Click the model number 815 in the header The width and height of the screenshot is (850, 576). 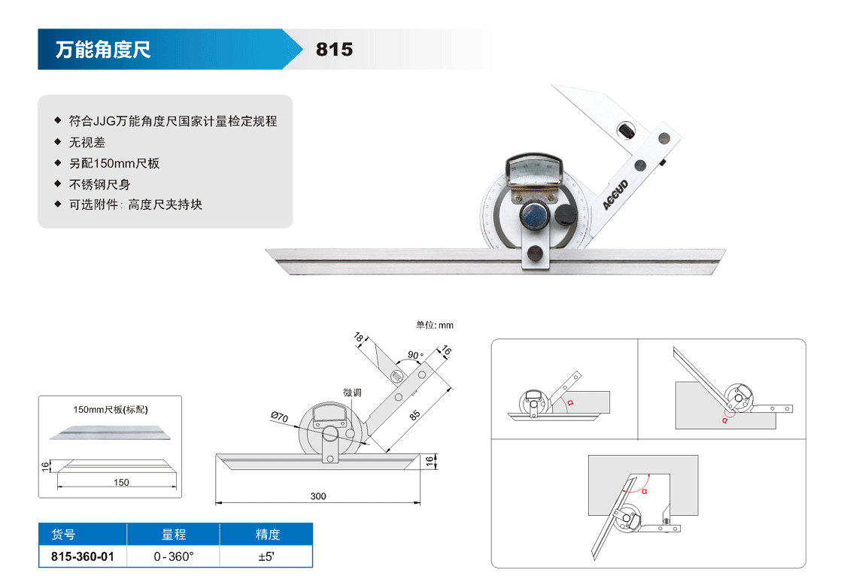[x=334, y=50]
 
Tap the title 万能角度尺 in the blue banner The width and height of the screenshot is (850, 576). [x=103, y=50]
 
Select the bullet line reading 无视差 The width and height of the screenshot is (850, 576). [x=87, y=143]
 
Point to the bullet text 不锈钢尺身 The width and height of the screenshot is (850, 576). [x=100, y=185]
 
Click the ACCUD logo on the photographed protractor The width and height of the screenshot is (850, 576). [x=616, y=195]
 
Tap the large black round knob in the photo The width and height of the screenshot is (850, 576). [x=565, y=214]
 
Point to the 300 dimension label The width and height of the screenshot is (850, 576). [x=318, y=496]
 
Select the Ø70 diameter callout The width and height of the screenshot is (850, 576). [x=279, y=417]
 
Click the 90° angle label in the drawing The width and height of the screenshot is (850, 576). [x=416, y=355]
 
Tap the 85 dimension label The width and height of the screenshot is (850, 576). [x=414, y=415]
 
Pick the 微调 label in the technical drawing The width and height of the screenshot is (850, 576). [x=352, y=393]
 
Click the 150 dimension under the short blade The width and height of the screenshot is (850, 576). [x=121, y=482]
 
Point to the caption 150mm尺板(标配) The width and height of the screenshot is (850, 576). [x=111, y=410]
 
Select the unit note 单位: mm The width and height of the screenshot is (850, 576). [x=434, y=325]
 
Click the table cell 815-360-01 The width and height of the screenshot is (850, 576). [x=83, y=556]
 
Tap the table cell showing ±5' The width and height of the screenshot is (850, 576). [x=266, y=556]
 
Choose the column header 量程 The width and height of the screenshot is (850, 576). [x=174, y=535]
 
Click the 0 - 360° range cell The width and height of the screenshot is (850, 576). [x=174, y=556]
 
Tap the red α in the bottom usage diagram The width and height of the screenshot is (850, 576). [x=645, y=492]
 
